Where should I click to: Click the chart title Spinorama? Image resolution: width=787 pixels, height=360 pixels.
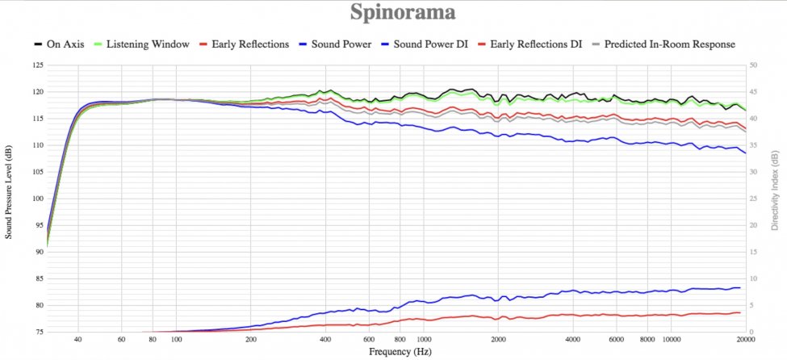[x=402, y=13]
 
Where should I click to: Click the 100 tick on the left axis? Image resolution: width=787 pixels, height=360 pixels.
[x=38, y=199]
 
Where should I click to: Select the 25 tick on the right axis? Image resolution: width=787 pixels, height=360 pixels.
[x=753, y=199]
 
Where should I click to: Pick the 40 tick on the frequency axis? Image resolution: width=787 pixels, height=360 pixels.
[x=78, y=341]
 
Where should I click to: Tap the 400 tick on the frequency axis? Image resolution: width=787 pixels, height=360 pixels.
[x=326, y=341]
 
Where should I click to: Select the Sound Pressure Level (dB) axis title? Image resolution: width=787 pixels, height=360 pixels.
[x=9, y=199]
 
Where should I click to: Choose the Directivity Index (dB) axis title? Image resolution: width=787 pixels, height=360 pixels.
[x=775, y=199]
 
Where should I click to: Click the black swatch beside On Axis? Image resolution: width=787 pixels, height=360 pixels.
[x=38, y=44]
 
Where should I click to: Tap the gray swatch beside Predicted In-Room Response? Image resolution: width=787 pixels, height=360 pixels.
[x=597, y=44]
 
